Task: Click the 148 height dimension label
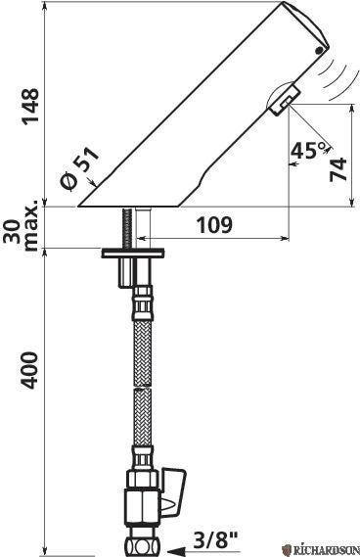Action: click(30, 107)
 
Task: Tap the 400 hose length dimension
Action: click(29, 370)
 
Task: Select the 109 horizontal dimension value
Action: click(214, 225)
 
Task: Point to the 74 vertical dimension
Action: click(337, 169)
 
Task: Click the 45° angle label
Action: click(308, 150)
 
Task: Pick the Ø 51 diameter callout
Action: click(79, 168)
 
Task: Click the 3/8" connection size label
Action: click(216, 540)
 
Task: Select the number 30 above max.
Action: click(13, 232)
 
